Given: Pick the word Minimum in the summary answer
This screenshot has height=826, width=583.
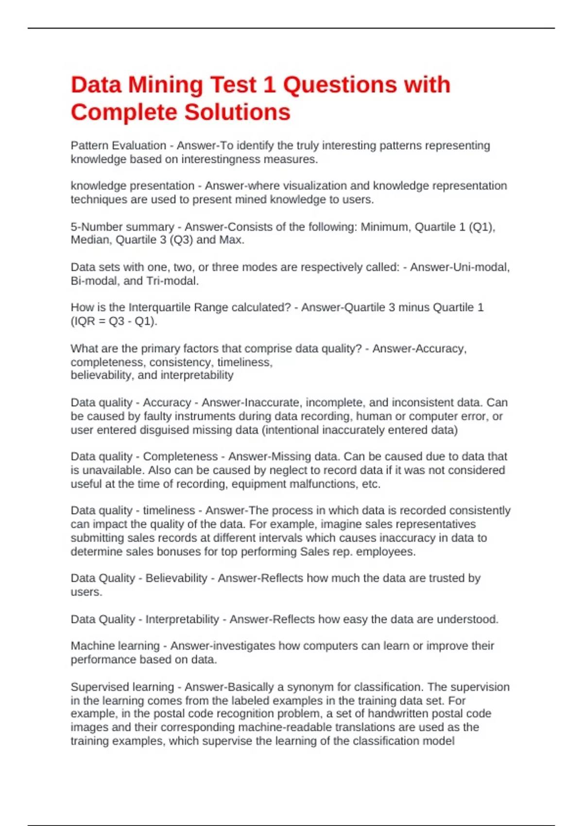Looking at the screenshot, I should pos(384,227).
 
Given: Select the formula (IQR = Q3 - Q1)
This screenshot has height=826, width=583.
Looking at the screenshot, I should pos(114,321).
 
